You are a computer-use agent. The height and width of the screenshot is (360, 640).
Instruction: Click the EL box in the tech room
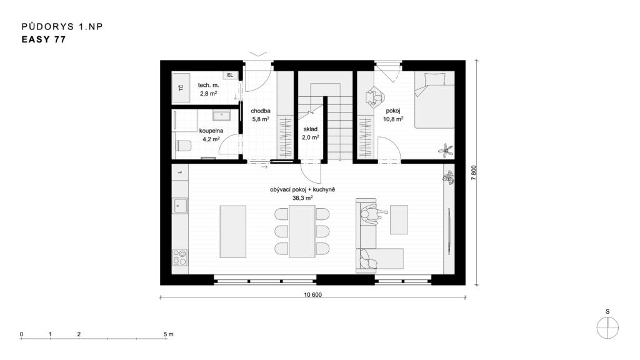pyautogui.click(x=230, y=75)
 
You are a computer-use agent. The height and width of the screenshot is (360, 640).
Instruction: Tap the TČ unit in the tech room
pyautogui.click(x=181, y=87)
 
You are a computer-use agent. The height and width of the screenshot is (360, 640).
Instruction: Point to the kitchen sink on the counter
pyautogui.click(x=180, y=206)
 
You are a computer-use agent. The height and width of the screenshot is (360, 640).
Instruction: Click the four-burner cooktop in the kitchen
pyautogui.click(x=179, y=257)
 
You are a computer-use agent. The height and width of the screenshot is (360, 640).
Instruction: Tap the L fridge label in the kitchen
pyautogui.click(x=180, y=172)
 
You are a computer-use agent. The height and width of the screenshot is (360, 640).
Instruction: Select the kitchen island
pyautogui.click(x=233, y=231)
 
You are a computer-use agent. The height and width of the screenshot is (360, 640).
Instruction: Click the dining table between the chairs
pyautogui.click(x=302, y=231)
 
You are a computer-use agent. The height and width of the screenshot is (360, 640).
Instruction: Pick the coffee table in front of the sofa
pyautogui.click(x=399, y=219)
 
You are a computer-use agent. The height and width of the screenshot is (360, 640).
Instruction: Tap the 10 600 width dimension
pyautogui.click(x=312, y=295)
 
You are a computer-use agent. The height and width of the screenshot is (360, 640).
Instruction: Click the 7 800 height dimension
pyautogui.click(x=474, y=172)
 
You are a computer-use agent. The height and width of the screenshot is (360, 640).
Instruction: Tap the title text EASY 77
pyautogui.click(x=44, y=39)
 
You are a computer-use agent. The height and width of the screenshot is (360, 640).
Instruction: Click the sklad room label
pyautogui.click(x=311, y=129)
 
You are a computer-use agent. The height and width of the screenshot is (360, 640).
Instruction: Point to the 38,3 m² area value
pyautogui.click(x=302, y=198)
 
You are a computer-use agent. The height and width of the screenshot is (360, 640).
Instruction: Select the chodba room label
pyautogui.click(x=261, y=111)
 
